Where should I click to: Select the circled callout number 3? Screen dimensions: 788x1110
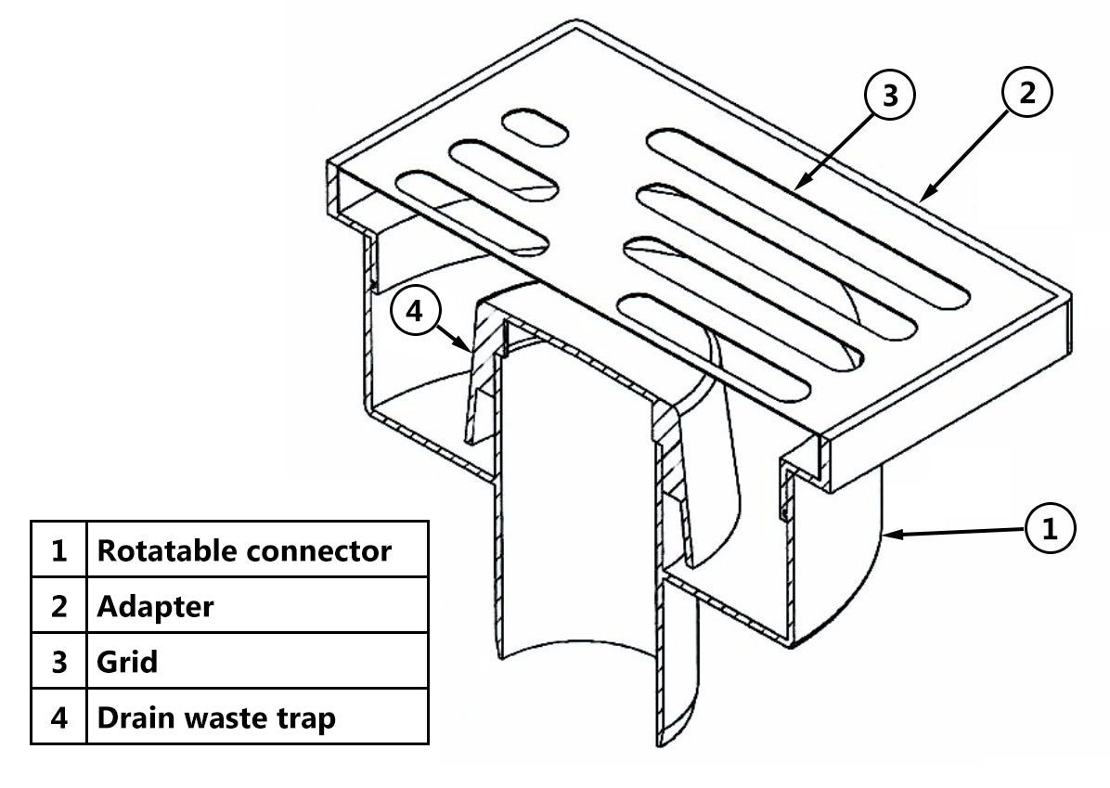click(x=890, y=97)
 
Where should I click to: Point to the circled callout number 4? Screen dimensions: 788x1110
click(x=415, y=313)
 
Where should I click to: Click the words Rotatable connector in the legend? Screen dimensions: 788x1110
click(x=244, y=550)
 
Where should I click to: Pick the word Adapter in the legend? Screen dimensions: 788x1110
click(x=155, y=606)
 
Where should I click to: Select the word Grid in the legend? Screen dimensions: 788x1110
click(x=127, y=662)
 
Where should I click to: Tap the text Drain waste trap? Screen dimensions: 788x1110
click(x=216, y=717)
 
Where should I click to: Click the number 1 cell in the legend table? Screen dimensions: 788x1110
click(x=59, y=550)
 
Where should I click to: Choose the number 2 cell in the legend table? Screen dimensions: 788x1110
click(x=59, y=606)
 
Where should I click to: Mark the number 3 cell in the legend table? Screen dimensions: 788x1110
click(x=59, y=662)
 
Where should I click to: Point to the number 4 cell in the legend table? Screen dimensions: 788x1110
click(x=59, y=717)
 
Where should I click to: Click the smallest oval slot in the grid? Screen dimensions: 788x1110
click(x=533, y=126)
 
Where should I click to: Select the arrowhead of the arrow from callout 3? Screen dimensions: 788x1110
click(x=797, y=188)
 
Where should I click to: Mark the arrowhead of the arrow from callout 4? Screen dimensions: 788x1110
click(x=466, y=348)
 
